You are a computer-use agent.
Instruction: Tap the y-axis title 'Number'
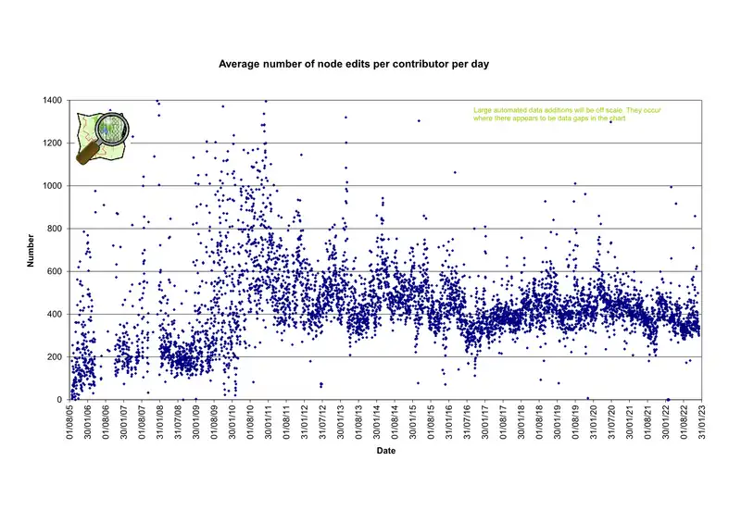(x=30, y=250)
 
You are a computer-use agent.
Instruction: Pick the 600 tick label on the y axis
(x=57, y=271)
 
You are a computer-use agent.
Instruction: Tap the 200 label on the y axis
(x=57, y=356)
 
